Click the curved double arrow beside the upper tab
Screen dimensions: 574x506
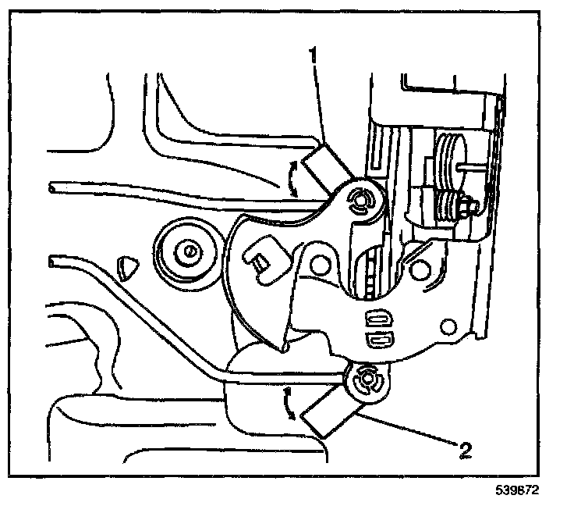coord(293,179)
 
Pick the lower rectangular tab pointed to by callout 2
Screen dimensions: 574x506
coord(326,412)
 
